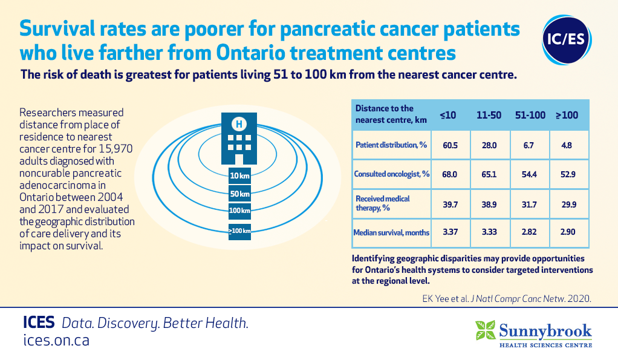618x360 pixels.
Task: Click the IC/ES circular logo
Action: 567,40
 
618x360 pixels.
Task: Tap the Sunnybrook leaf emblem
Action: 485,330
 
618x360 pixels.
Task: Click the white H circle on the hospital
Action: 239,124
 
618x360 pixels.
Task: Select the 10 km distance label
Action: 239,176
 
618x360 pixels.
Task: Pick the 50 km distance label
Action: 239,194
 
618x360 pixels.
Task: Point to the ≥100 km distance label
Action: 239,231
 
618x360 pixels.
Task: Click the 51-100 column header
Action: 530,115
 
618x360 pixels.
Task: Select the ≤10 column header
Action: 448,115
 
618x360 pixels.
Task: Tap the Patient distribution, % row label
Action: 391,145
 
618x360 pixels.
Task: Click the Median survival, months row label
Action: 391,233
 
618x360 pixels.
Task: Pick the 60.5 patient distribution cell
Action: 450,145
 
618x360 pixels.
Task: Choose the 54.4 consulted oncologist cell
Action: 529,174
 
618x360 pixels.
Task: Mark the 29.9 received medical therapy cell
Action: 569,205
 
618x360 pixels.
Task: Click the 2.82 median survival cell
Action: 529,232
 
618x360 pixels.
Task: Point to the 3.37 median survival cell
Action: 450,232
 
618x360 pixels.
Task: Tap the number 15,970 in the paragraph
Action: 115,149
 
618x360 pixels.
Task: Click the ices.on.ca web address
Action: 56,340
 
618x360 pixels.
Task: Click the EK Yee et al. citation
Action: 507,298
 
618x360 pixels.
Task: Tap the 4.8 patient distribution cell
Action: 567,145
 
